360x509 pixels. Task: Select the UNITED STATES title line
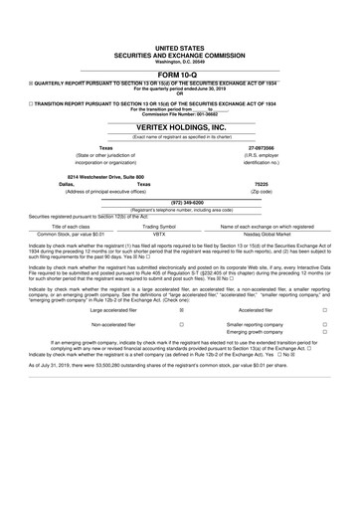(x=179, y=47)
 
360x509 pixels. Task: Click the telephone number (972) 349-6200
(x=179, y=202)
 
